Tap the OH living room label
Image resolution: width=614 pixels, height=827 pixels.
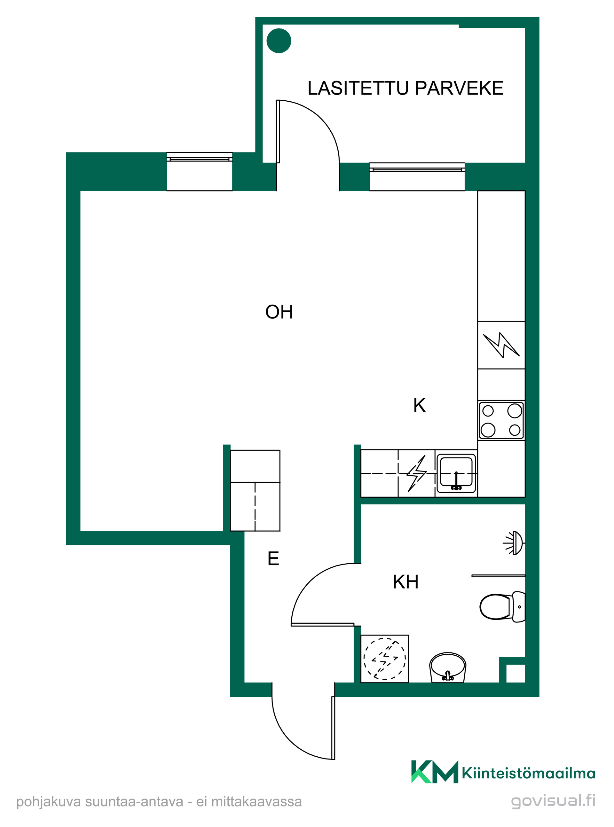point(279,312)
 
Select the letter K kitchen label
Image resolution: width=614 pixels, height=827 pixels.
point(419,405)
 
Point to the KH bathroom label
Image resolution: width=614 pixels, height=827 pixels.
point(405,582)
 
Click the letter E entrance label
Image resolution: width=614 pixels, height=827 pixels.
point(273,558)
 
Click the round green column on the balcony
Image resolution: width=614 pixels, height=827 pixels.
point(279,41)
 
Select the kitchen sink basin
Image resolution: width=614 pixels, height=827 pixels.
point(456,473)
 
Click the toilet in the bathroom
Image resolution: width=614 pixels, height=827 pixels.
point(502,607)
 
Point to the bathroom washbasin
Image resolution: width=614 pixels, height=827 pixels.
point(447,667)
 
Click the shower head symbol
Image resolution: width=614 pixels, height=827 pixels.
point(514,543)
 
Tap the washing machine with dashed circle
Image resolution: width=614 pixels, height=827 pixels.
point(385,659)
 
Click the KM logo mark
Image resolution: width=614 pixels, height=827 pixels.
point(435,772)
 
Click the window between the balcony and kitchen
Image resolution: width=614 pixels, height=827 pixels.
point(417,176)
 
